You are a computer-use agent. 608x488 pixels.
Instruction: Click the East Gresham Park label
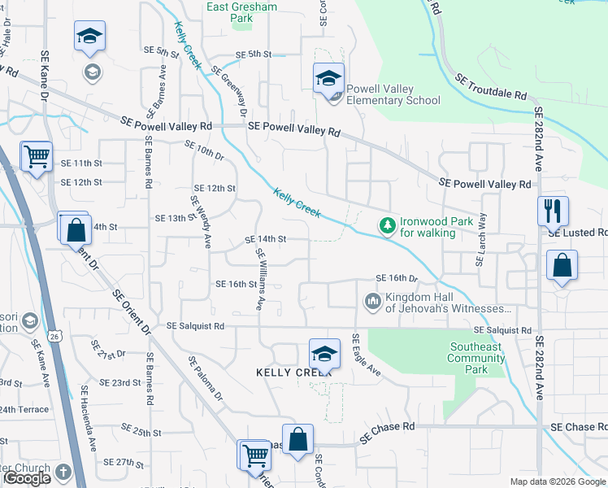point(241,12)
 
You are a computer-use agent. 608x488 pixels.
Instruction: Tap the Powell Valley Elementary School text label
point(393,95)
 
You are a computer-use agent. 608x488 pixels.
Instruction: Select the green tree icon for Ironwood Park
point(388,225)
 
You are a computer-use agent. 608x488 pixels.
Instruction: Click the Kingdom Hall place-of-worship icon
point(373,302)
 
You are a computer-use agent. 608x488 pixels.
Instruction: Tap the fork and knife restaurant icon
point(553,210)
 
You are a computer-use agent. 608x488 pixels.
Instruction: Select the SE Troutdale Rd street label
point(492,87)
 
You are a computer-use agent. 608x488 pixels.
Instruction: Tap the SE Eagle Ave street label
point(367,355)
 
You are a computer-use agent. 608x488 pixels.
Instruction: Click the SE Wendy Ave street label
point(201,221)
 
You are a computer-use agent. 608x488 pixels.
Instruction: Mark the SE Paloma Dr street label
point(205,378)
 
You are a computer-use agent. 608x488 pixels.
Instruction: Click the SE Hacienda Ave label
point(88,418)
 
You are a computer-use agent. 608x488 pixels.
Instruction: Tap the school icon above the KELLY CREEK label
point(324,354)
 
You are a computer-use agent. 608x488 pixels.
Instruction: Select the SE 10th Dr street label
point(204,152)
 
